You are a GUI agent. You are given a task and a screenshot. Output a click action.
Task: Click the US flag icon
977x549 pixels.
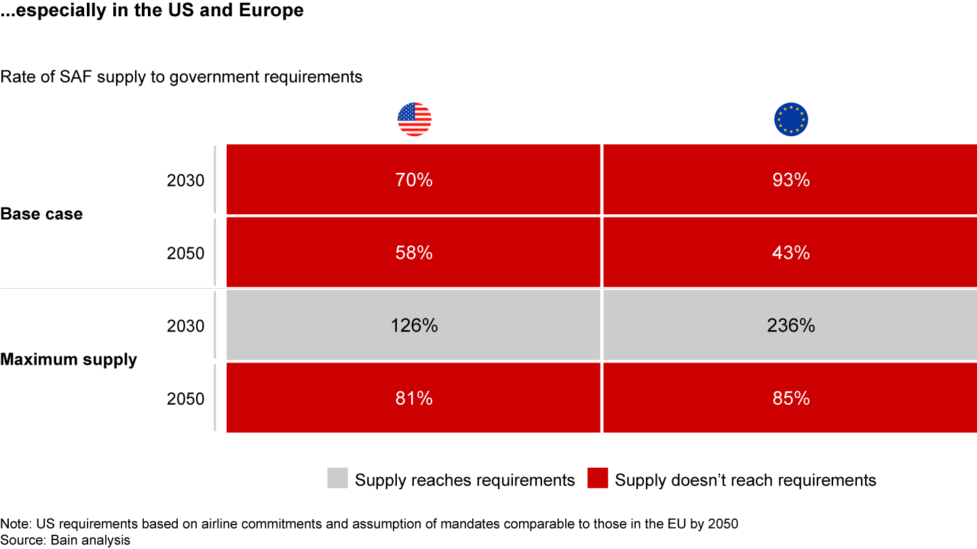(x=414, y=120)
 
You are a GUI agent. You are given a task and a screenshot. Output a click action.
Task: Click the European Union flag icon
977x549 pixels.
(x=790, y=120)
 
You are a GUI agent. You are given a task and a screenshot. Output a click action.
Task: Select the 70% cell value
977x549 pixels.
(x=414, y=180)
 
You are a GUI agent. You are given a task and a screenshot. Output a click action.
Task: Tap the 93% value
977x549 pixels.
(x=790, y=180)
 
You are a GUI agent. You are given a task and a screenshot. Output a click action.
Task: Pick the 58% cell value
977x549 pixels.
(x=414, y=253)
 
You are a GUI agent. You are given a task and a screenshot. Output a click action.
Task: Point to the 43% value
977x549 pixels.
(x=790, y=253)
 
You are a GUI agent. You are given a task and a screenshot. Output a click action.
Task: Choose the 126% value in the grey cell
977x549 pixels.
(x=414, y=326)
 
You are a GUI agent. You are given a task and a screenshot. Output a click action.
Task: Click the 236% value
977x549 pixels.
(x=790, y=326)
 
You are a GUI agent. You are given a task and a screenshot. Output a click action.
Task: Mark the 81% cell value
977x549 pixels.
(x=414, y=399)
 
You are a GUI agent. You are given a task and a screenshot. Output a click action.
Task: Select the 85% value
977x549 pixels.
(x=790, y=399)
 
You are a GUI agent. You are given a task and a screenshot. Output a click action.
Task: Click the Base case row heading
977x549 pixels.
(x=41, y=214)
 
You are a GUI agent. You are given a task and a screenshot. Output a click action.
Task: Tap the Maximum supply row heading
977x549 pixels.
(x=69, y=359)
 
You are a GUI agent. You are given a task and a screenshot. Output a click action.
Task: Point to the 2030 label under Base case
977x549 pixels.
(x=185, y=181)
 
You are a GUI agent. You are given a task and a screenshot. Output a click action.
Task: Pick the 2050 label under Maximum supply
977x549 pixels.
(x=185, y=399)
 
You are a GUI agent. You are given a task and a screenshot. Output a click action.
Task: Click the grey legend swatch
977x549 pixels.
(x=337, y=478)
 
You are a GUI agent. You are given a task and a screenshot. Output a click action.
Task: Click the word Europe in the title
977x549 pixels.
(x=272, y=12)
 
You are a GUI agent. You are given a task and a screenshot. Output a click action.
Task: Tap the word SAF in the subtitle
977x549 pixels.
(x=63, y=77)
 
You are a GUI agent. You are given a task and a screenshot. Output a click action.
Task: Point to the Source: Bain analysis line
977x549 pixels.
(x=65, y=540)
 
